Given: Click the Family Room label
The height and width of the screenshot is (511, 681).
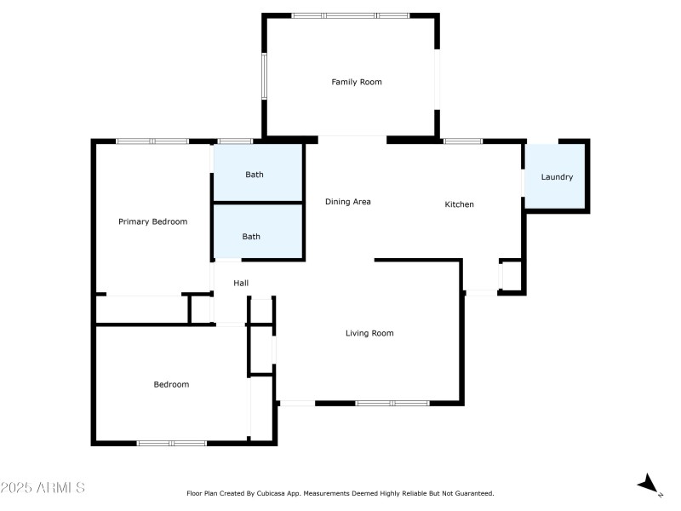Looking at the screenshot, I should tap(357, 83).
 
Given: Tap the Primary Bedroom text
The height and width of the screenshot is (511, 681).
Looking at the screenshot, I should tap(152, 222).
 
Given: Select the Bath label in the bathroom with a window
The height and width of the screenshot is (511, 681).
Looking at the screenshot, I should tap(255, 175).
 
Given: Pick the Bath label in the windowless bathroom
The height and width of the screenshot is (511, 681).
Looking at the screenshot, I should tap(251, 238).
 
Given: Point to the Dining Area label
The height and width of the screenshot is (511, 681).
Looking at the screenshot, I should tap(348, 203).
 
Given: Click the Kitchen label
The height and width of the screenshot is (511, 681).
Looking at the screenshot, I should tap(460, 204).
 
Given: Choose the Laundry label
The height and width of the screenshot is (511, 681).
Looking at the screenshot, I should tap(557, 178).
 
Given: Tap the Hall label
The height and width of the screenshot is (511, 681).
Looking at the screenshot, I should tap(241, 284).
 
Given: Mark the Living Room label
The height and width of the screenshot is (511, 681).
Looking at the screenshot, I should tap(369, 334).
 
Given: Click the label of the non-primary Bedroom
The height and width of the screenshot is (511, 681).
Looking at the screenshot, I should tap(171, 385).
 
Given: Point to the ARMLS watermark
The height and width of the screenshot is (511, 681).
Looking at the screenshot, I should tap(43, 488).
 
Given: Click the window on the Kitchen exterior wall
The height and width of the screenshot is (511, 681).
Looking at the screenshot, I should tap(463, 141).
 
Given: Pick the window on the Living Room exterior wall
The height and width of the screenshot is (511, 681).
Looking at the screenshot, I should tap(392, 403).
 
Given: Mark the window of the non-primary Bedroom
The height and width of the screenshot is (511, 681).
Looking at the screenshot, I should tap(172, 443).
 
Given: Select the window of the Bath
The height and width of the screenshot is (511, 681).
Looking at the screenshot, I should tap(235, 141).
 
